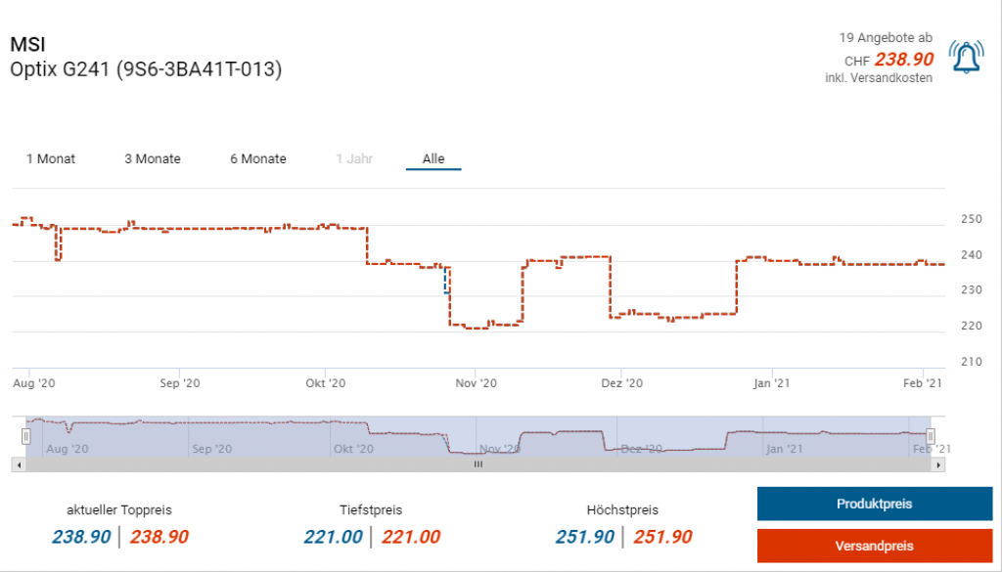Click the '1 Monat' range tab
(51, 158)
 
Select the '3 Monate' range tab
(153, 158)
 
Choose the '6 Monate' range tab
(258, 158)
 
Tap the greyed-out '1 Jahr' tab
(354, 158)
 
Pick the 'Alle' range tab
(433, 158)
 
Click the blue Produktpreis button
(874, 504)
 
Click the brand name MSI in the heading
(27, 45)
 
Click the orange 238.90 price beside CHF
(903, 59)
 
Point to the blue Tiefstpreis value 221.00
(333, 537)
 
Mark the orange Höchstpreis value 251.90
(662, 537)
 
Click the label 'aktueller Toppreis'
(119, 509)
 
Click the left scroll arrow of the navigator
(18, 464)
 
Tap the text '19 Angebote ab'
(886, 37)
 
